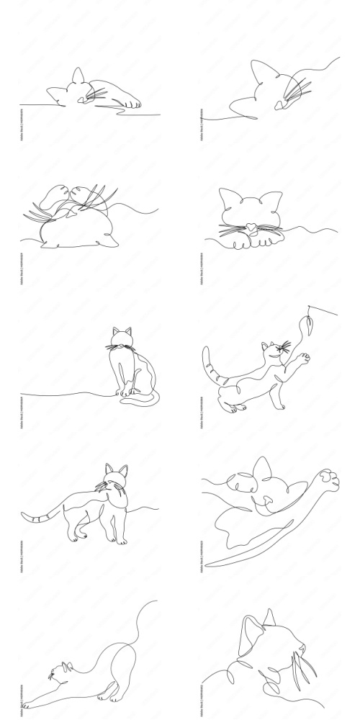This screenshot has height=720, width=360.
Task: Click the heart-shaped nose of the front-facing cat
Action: pyautogui.click(x=250, y=226)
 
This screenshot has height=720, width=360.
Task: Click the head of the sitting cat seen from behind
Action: pyautogui.click(x=122, y=339)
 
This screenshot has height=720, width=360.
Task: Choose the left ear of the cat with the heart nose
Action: pyautogui.click(x=230, y=198)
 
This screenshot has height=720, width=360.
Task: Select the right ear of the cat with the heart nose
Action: pyautogui.click(x=271, y=201)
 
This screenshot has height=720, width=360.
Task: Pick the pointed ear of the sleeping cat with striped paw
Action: pyautogui.click(x=77, y=76)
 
